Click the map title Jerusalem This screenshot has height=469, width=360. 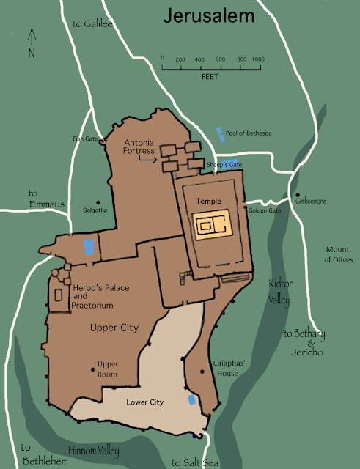(208, 15)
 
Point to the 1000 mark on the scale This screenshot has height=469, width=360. (257, 59)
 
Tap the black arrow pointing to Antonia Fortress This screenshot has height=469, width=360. (148, 158)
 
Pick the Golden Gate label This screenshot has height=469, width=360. (265, 210)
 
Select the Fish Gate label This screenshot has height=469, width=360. (84, 137)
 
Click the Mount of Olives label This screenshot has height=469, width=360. (339, 254)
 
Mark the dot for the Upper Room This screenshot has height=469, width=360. (92, 369)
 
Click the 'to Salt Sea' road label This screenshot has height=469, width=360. (193, 462)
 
